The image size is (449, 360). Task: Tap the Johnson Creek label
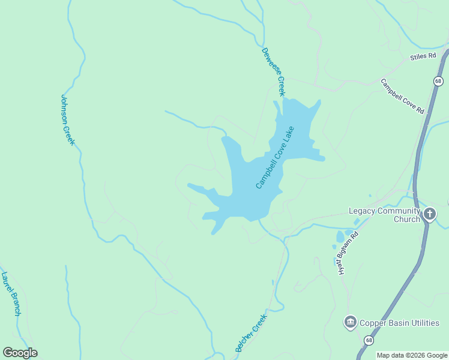point(67,119)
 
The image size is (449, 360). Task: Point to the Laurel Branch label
point(11,293)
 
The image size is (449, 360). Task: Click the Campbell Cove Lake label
point(275,158)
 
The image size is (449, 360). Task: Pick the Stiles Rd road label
point(423,56)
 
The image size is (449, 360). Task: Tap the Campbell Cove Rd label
point(402,96)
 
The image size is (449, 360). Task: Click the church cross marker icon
point(429,214)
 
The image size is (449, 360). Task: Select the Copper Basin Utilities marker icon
point(350,323)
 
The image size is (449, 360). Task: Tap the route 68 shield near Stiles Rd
point(439,81)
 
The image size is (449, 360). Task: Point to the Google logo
point(20,353)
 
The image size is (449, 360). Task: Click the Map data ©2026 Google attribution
point(412,355)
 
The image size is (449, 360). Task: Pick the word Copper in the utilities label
point(372,323)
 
